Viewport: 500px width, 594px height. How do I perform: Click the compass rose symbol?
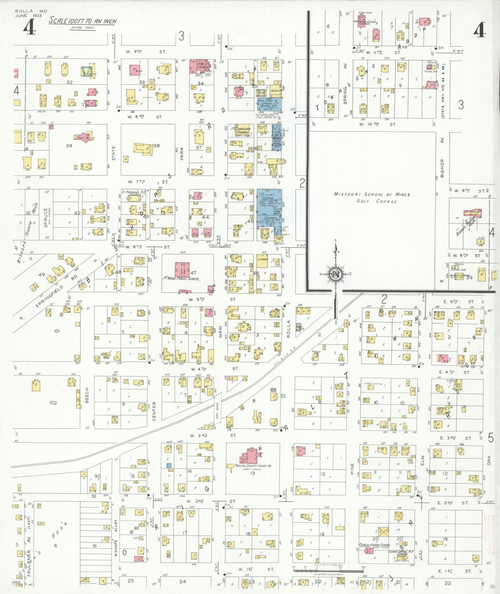pos(335,274)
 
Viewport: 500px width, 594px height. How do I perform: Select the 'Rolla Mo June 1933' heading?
pos(31,13)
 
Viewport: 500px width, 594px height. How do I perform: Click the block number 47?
pos(193,272)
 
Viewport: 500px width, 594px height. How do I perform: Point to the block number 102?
pos(53,403)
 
